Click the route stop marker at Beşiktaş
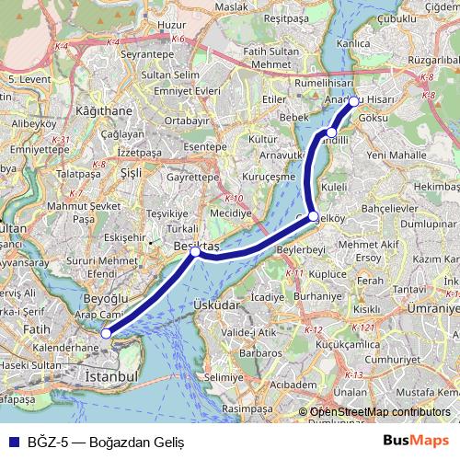tap(195, 250)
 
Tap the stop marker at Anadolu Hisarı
tap(353, 101)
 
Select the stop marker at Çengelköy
tap(313, 216)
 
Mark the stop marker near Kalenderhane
tap(108, 333)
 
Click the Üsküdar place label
tap(218, 305)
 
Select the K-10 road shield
tap(234, 199)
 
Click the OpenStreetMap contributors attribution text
tap(380, 412)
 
